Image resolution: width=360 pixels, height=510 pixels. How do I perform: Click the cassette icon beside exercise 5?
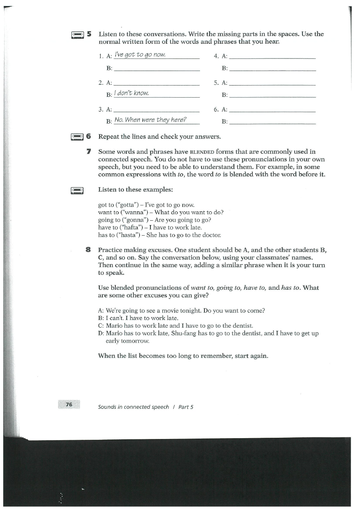77,35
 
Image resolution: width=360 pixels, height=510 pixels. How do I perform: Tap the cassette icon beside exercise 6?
77,137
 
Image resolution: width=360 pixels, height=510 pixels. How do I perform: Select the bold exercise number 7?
89,152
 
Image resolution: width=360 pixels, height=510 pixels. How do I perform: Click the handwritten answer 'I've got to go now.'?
140,55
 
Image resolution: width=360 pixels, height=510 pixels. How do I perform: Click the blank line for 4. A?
274,59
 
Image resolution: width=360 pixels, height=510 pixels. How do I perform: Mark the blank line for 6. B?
274,123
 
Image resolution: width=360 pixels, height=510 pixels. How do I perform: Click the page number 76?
69,404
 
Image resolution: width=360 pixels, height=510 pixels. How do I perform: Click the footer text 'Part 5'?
186,407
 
